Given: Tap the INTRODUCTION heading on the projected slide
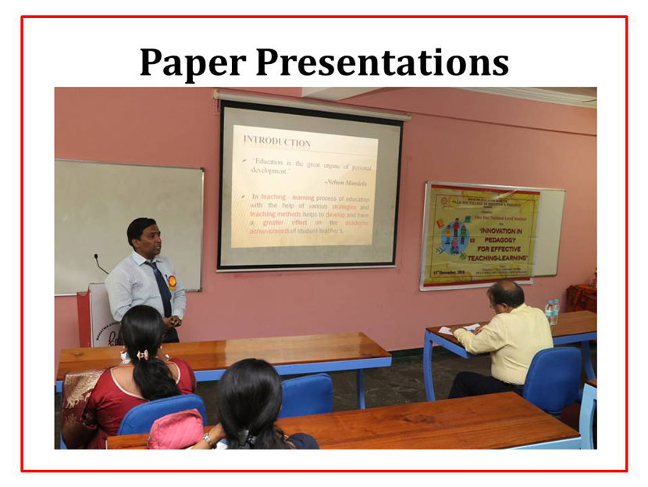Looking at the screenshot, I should [x=276, y=141].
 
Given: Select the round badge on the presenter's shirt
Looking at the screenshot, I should [x=172, y=281].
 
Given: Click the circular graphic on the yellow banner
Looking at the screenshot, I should [x=455, y=235].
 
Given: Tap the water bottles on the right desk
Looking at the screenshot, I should [x=551, y=312].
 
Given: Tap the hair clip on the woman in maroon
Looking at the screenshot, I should [x=143, y=356].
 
